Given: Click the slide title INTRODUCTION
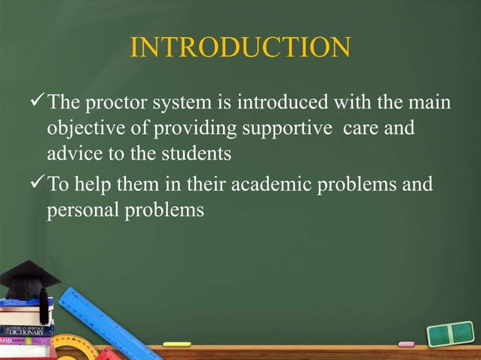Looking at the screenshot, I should coord(240,47).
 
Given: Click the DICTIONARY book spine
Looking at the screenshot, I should coord(26,331).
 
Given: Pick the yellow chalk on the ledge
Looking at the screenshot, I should coord(176,344).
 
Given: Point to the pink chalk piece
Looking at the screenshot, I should coord(406,344).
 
